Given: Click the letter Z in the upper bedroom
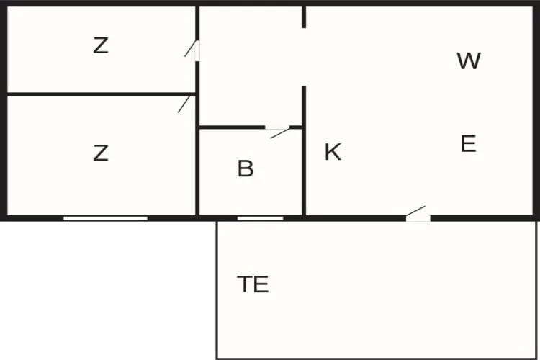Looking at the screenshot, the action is coord(101,46).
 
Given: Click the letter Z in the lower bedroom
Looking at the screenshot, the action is coord(101,153).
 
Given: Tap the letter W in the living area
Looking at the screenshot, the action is coord(469,61).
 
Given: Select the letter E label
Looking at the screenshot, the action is coord(469,144).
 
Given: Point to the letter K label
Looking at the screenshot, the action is coord(333,152).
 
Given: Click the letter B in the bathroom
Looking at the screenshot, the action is coord(246,168).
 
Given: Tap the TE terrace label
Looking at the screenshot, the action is coord(253,284).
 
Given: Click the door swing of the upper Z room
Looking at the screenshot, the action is coord(191,48).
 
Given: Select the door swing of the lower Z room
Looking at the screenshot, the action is coord(184,104).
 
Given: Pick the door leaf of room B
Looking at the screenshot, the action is coord(280,133).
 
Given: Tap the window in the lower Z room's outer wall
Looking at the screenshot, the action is coord(105,218).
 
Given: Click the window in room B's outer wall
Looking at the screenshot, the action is coord(261,218).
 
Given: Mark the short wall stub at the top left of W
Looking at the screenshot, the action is coord(304,17).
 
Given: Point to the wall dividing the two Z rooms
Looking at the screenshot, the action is coord(102,94).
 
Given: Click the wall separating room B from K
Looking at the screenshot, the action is coord(304,151).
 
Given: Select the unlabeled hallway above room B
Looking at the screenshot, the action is coord(251,66).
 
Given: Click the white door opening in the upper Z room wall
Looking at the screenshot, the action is coord(197,51).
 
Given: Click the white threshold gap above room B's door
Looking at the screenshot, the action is coord(277,128).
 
